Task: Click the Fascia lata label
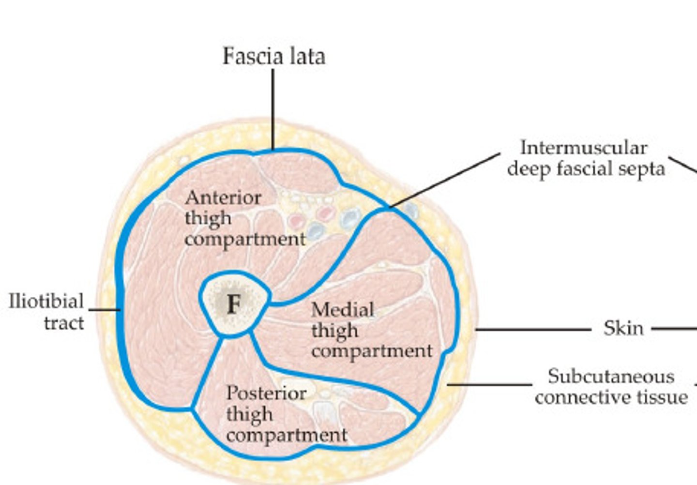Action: pos(273,56)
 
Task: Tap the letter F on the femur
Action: pos(234,304)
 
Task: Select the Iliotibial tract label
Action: pos(46,312)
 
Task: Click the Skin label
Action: pos(623,329)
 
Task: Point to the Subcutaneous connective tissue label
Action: pos(611,387)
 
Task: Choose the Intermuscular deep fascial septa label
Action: pos(586,158)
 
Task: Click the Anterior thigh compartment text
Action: pos(244,218)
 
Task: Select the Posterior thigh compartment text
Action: pos(286,414)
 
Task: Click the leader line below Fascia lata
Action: pos(273,109)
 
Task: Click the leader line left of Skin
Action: pos(532,330)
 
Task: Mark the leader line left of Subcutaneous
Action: pos(489,385)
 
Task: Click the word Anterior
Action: pos(223,197)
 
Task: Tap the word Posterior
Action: pos(266,393)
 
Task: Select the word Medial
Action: pos(343,309)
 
